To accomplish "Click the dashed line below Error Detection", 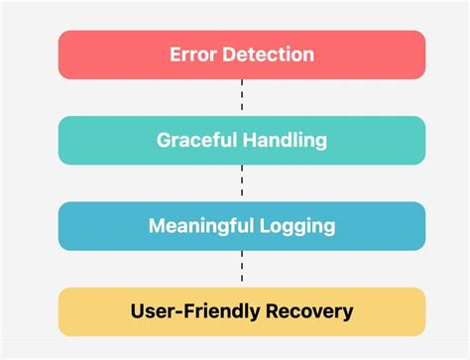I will (242, 97).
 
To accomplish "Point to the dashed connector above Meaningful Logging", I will (242, 182).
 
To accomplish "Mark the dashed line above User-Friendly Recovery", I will (242, 268).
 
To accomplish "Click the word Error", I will (190, 55).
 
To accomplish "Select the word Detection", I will (267, 55).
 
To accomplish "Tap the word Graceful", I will (194, 140).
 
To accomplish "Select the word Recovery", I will (306, 311).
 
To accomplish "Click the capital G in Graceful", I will (164, 140).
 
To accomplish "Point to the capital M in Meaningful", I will (158, 225).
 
